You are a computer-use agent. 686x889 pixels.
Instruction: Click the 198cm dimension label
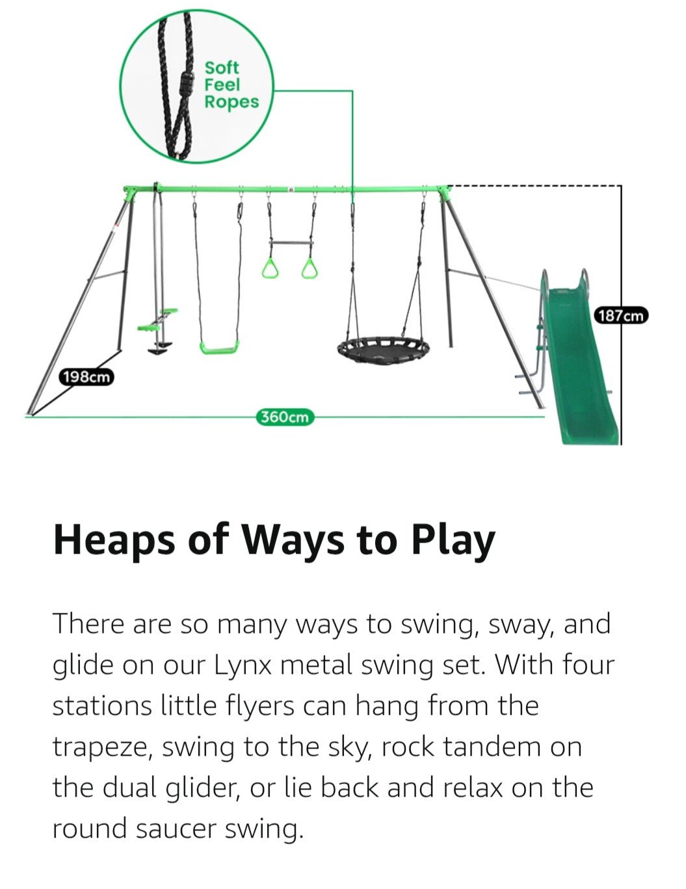(86, 377)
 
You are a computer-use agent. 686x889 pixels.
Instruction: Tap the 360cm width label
(284, 417)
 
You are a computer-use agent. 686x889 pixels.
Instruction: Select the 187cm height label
(621, 316)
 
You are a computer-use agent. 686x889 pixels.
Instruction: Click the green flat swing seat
(219, 348)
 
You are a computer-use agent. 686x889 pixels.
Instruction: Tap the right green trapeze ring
(310, 268)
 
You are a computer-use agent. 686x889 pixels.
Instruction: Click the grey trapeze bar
(291, 243)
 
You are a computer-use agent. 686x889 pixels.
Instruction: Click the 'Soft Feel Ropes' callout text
(230, 85)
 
